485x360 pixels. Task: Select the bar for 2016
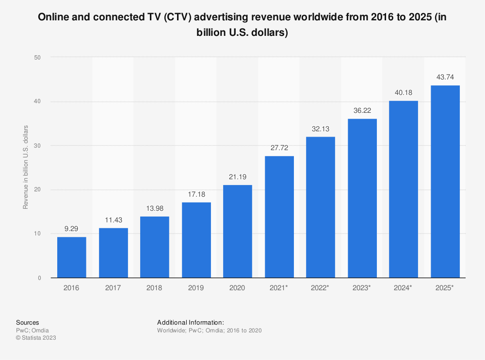(72, 257)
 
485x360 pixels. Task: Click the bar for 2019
(196, 240)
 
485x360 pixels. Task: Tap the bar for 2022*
(321, 207)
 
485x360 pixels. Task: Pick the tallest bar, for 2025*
(445, 181)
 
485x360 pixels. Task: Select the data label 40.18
(404, 93)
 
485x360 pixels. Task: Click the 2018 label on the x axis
(155, 288)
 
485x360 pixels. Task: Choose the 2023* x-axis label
(362, 288)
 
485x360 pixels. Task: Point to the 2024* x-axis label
(404, 288)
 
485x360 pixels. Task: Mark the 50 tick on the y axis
(37, 57)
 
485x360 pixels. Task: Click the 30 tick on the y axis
(37, 145)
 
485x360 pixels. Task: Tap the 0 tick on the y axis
(39, 278)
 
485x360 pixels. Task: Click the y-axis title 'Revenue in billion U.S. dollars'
(25, 167)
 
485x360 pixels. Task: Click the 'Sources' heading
(28, 323)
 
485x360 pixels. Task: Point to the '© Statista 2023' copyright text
(36, 338)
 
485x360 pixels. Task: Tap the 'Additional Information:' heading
(191, 323)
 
